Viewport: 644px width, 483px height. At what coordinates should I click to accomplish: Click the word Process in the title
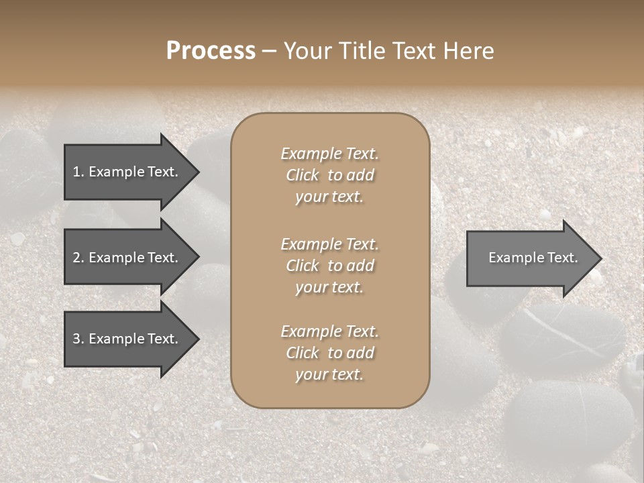click(211, 51)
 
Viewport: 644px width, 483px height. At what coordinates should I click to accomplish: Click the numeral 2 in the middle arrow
click(76, 258)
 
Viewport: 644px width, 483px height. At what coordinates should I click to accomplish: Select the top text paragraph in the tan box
click(329, 175)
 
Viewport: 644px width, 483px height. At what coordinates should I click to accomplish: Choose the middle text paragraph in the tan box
click(329, 266)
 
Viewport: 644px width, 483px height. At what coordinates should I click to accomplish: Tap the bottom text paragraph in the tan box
click(329, 353)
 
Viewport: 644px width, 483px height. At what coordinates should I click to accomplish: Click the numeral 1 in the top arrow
click(76, 172)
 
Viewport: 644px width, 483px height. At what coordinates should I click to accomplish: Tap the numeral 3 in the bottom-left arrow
click(76, 339)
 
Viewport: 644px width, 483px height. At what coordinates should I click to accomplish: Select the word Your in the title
click(305, 51)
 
